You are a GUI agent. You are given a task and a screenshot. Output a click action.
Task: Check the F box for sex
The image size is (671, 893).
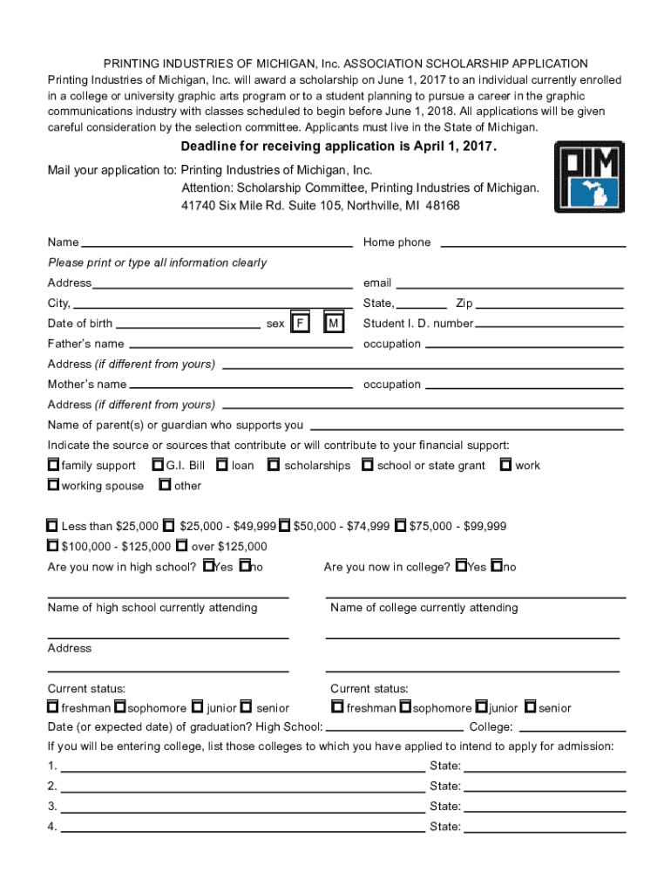[x=300, y=324]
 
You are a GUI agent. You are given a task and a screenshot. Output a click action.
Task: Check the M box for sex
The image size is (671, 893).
[x=333, y=324]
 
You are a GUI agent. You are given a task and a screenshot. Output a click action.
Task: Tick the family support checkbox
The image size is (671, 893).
[x=53, y=465]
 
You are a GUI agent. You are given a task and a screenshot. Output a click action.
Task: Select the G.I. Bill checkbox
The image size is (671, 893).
[x=158, y=465]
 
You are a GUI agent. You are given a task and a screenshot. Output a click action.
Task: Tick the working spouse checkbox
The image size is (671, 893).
[x=53, y=485]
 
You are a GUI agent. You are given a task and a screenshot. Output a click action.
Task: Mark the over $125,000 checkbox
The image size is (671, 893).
[x=181, y=546]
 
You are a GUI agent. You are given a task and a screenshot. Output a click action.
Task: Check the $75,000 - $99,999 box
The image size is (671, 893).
[x=400, y=526]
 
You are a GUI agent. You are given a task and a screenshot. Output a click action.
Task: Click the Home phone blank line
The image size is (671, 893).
[x=529, y=245]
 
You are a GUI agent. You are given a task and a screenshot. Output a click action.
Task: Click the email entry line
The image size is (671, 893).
[x=510, y=285]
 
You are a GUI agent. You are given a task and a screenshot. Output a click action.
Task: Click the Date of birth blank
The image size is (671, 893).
[x=188, y=326]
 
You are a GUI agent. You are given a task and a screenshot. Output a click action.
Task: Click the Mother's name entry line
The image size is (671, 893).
[x=241, y=387]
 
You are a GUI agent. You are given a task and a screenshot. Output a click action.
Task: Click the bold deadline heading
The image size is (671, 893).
[x=338, y=147]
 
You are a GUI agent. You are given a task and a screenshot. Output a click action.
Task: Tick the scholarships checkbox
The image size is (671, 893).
[x=274, y=465]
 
